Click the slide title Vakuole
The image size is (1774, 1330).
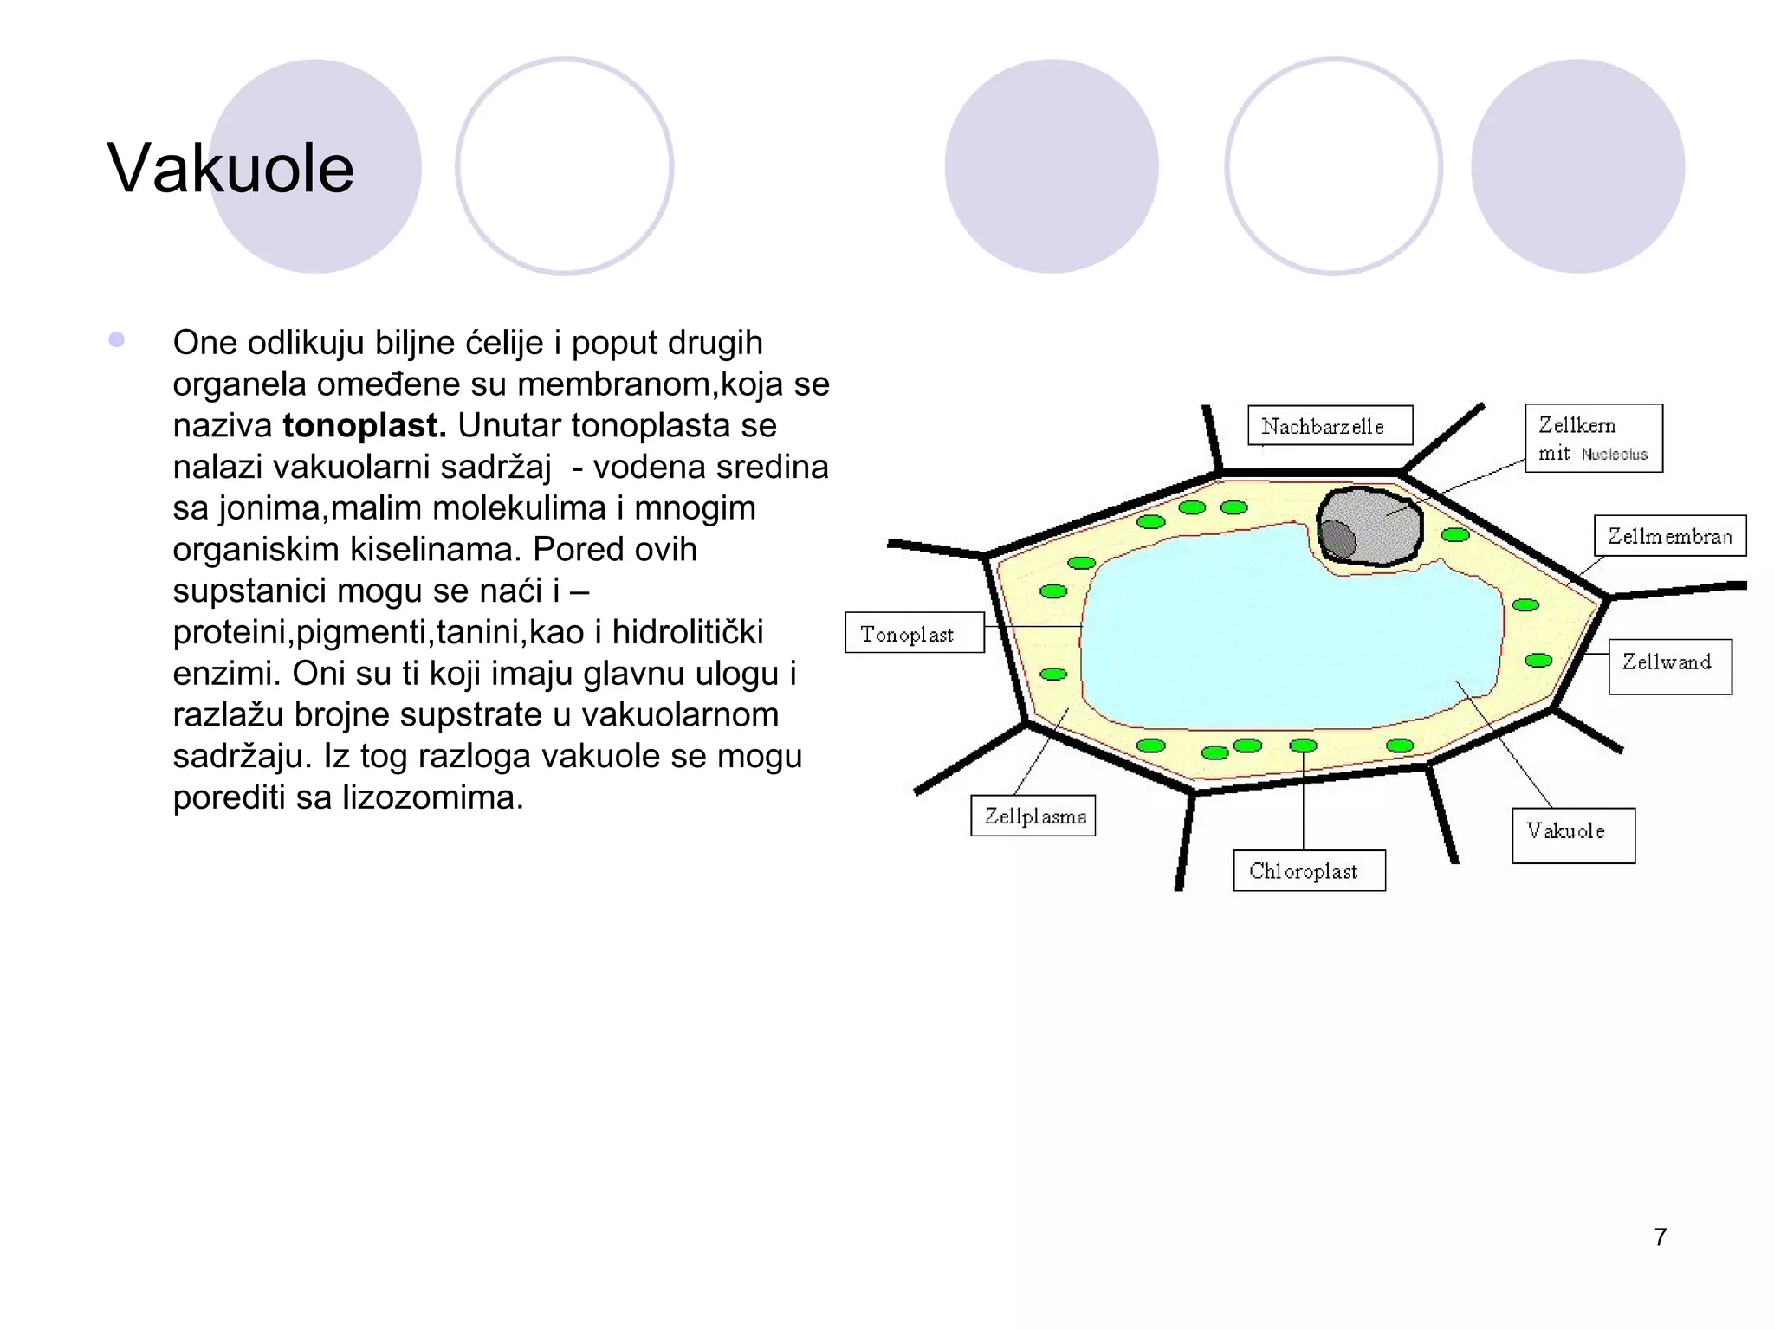[x=230, y=168]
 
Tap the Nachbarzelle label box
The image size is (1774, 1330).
[x=1330, y=426]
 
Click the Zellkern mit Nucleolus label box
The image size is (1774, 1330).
[x=1593, y=438]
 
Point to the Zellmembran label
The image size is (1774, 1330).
[x=1669, y=536]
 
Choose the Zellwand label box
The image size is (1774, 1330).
[x=1669, y=666]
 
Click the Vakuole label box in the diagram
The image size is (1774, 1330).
[x=1572, y=835]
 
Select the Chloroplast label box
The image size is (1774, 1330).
[x=1308, y=871]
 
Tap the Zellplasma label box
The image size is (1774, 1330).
[x=1033, y=816]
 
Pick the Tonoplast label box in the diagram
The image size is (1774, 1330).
[x=914, y=633]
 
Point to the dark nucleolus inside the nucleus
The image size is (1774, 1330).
[x=1338, y=540]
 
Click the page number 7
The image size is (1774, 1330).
[x=1660, y=1236]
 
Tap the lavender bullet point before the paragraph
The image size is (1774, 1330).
[x=117, y=340]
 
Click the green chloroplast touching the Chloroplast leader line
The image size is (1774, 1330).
[x=1303, y=746]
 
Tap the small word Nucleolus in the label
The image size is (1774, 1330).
[x=1614, y=455]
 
